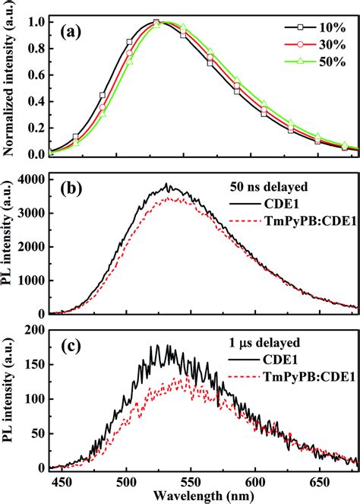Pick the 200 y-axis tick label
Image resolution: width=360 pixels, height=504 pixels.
[x=35, y=330]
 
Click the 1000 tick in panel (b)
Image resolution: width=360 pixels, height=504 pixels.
[x=32, y=280]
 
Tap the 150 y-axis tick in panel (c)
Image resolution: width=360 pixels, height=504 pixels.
[x=35, y=364]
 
